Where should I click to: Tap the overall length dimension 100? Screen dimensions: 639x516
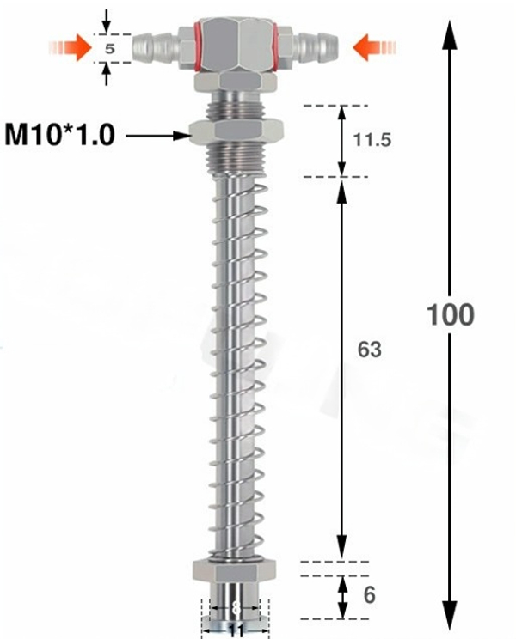coord(450,314)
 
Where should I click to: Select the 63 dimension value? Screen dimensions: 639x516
coord(367,350)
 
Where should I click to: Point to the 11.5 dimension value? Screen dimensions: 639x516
coord(372,139)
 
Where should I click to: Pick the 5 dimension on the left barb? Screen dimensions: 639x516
coord(109,49)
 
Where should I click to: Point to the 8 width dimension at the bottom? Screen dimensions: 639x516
coord(236,607)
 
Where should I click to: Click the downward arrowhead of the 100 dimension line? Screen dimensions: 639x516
coord(450,618)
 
